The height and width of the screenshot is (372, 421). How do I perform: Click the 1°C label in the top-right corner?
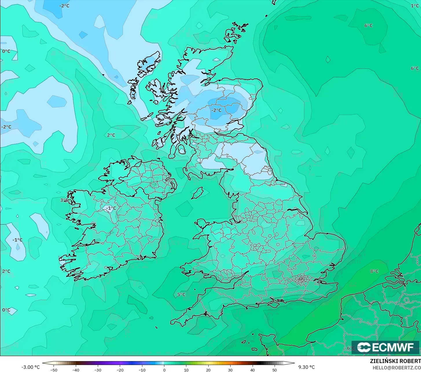(x=415, y=6)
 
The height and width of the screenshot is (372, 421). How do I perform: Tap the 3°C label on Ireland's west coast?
(x=64, y=200)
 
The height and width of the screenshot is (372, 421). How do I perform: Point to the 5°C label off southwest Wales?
(x=181, y=295)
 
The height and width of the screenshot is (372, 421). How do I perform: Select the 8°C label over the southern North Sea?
(x=374, y=271)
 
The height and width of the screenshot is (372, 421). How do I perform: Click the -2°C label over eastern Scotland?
(x=216, y=110)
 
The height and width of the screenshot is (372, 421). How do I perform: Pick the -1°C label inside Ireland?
(x=111, y=208)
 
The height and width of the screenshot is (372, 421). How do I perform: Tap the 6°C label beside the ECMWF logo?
(x=351, y=348)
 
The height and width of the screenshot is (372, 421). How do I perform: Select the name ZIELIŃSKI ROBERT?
(x=395, y=361)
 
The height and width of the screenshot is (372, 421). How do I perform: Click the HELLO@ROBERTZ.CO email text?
(x=396, y=367)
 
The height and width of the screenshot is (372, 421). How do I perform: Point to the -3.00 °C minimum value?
(x=30, y=367)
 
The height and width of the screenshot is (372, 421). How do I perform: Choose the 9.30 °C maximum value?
(x=306, y=367)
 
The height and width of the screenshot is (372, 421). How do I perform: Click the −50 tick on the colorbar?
(x=54, y=370)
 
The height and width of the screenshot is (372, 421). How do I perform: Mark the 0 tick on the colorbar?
(x=164, y=370)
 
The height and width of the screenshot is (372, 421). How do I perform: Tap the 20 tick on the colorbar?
(x=208, y=370)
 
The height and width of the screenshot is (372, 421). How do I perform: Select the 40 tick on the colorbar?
(x=252, y=370)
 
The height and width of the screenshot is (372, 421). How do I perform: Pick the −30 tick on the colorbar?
(x=98, y=370)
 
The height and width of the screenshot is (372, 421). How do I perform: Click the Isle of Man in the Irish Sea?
(x=198, y=193)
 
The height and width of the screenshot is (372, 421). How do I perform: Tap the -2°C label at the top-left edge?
(x=64, y=6)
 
